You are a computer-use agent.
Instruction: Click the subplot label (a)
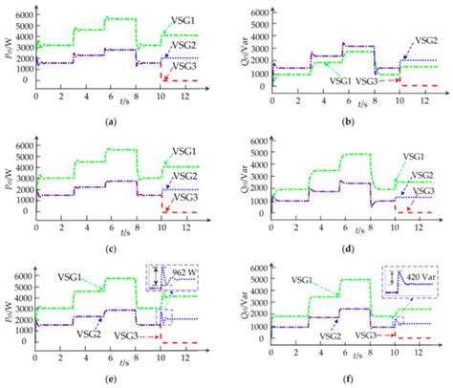(114, 122)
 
